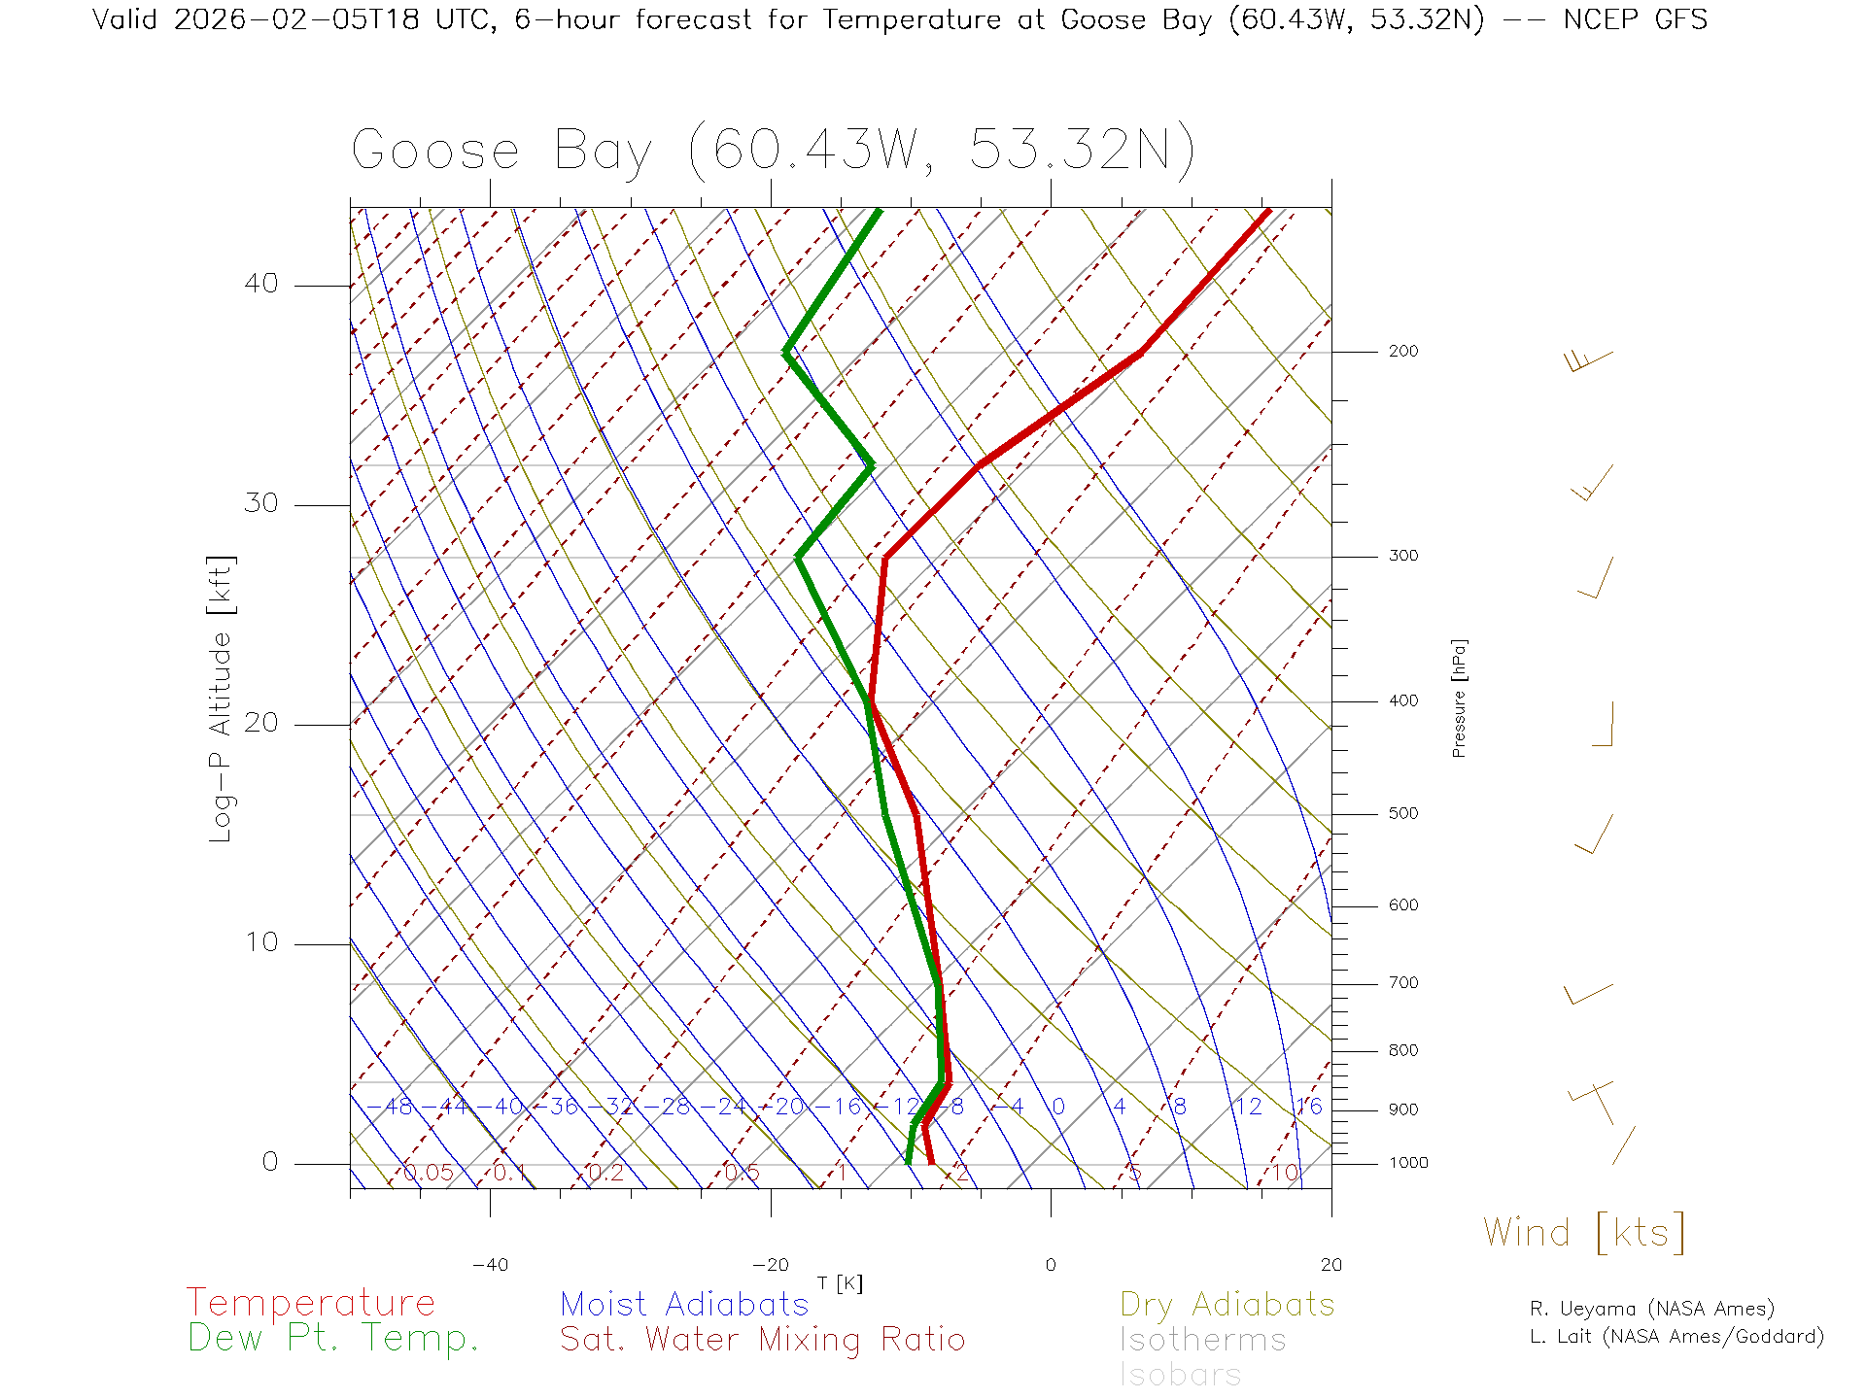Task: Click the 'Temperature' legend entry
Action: pyautogui.click(x=310, y=1303)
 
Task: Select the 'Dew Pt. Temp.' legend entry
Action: pyautogui.click(x=333, y=1339)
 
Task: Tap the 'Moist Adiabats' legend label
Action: pyautogui.click(x=684, y=1304)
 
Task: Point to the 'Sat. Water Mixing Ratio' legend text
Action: pyautogui.click(x=762, y=1340)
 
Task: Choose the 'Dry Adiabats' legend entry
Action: pyautogui.click(x=1227, y=1304)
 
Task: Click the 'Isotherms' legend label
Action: pyautogui.click(x=1202, y=1340)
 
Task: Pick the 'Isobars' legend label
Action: pyautogui.click(x=1180, y=1375)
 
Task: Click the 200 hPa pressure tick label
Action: pyautogui.click(x=1403, y=352)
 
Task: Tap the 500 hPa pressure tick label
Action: pyautogui.click(x=1403, y=814)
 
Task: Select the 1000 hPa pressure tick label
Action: pyautogui.click(x=1408, y=1163)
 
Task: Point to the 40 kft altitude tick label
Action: pyautogui.click(x=260, y=284)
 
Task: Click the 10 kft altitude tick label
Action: pyautogui.click(x=260, y=942)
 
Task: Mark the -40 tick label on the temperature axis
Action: pyautogui.click(x=490, y=1265)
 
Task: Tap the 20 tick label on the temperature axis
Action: pyautogui.click(x=1330, y=1265)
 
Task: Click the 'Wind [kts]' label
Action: pyautogui.click(x=1584, y=1233)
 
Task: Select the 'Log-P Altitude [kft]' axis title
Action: pyautogui.click(x=222, y=699)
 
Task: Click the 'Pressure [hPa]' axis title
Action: pyautogui.click(x=1459, y=698)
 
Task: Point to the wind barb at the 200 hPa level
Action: pyautogui.click(x=1589, y=360)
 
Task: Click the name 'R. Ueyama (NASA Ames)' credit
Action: pyautogui.click(x=1651, y=1309)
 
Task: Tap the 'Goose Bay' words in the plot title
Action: pyautogui.click(x=501, y=152)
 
